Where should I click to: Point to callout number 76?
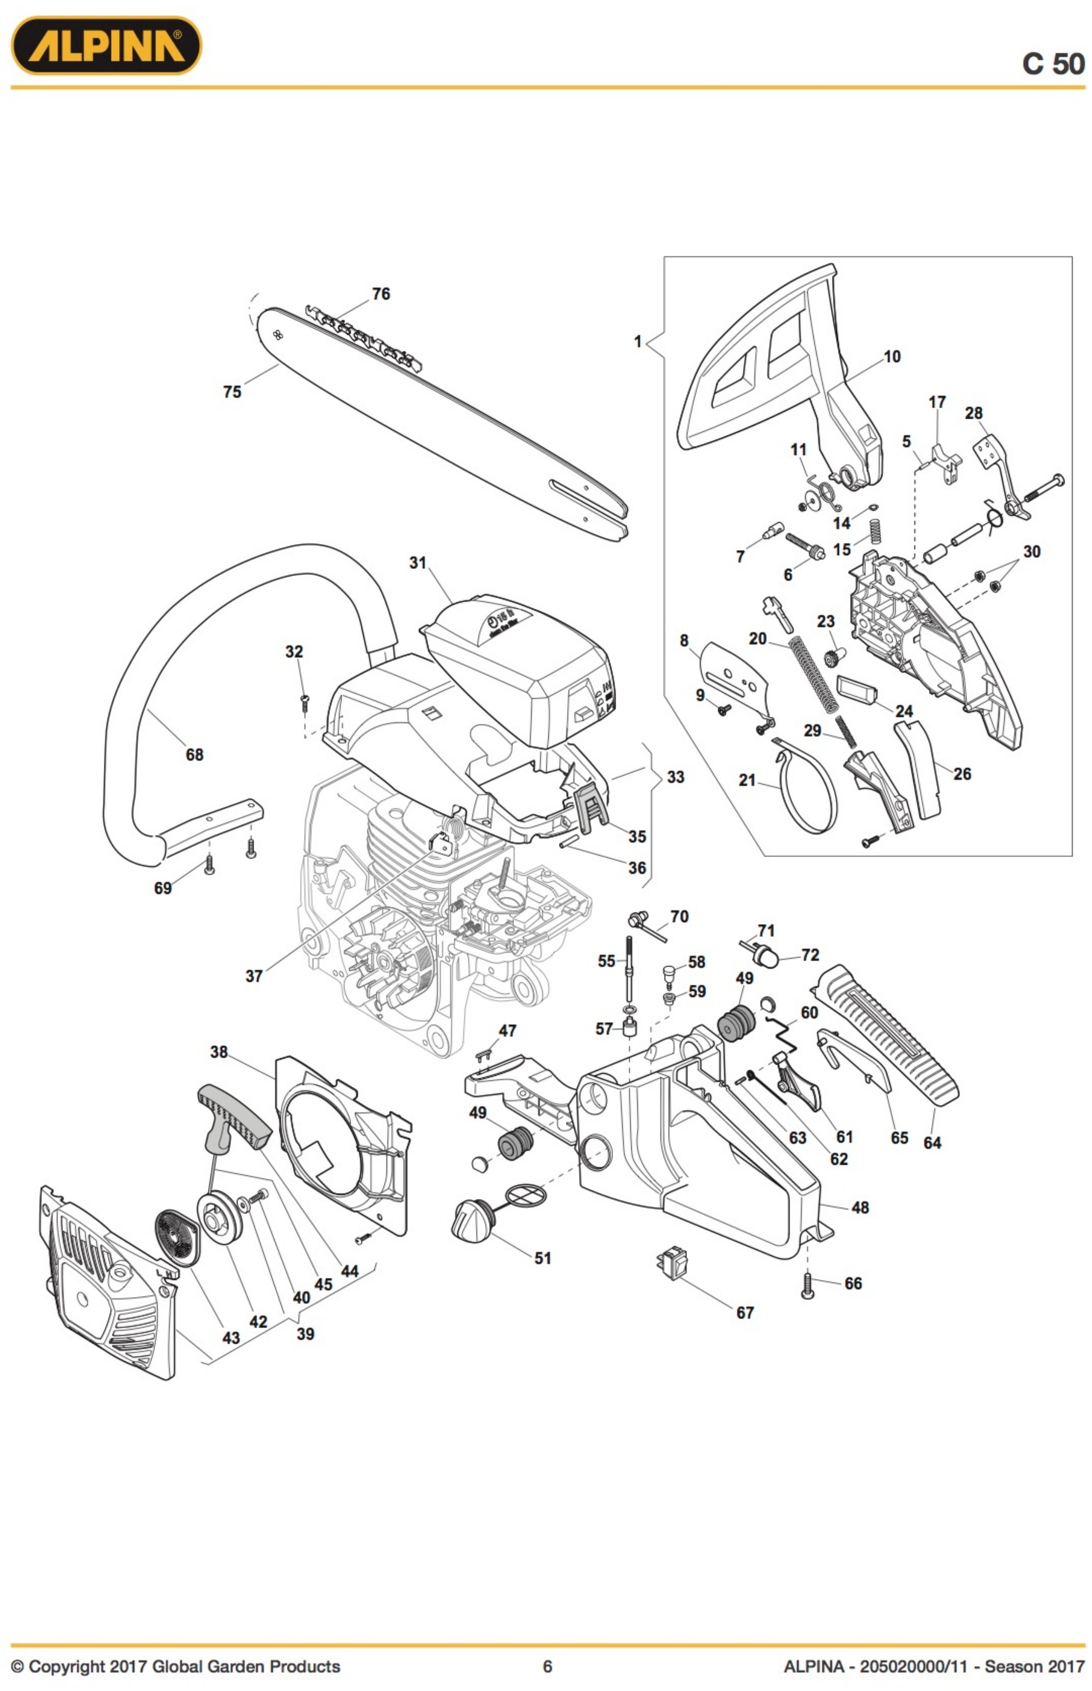click(381, 293)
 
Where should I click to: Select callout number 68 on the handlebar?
click(194, 754)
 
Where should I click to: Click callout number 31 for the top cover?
click(418, 562)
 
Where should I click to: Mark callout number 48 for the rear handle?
click(860, 1207)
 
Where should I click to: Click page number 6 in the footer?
click(547, 1666)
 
